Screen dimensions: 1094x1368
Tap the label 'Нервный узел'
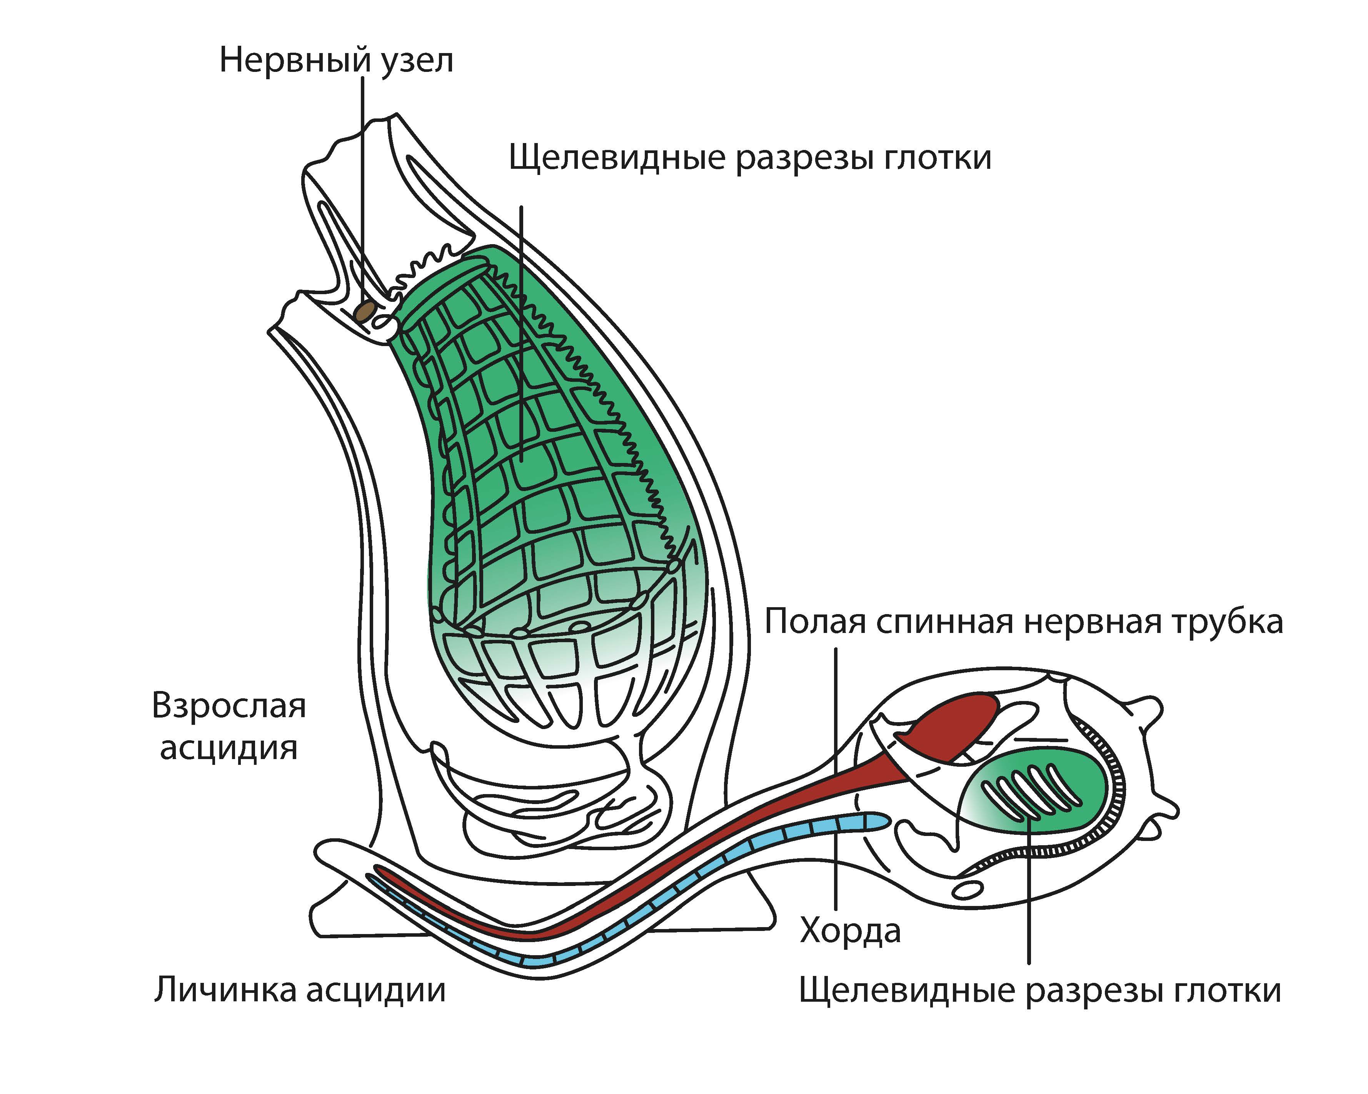(336, 62)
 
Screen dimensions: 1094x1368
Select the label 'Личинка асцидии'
(299, 990)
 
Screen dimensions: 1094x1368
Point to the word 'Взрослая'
(229, 706)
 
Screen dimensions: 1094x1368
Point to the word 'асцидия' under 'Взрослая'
(229, 747)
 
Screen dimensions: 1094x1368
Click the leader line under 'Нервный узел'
(363, 190)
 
